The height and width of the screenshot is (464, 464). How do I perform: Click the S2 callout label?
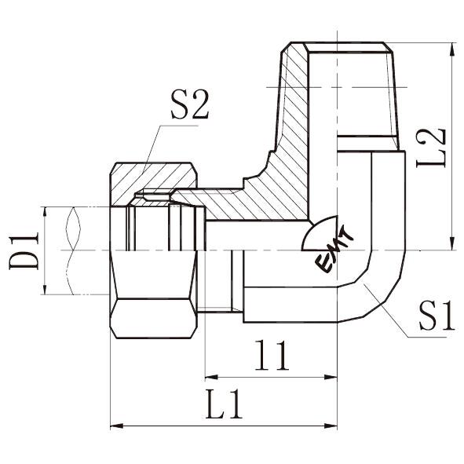[x=190, y=104]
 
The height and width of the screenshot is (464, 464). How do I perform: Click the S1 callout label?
[x=437, y=316]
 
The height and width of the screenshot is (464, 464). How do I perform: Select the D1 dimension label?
[x=24, y=250]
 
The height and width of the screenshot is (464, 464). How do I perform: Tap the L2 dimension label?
[x=430, y=148]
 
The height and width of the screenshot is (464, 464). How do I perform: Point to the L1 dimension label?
[x=224, y=404]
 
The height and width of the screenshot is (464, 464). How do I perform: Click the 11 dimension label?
[x=272, y=355]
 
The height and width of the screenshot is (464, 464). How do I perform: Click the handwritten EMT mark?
[x=334, y=250]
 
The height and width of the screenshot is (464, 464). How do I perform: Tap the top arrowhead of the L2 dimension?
[x=452, y=49]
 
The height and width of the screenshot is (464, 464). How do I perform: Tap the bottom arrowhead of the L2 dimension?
[x=452, y=243]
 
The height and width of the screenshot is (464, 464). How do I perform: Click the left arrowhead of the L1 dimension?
[x=117, y=426]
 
